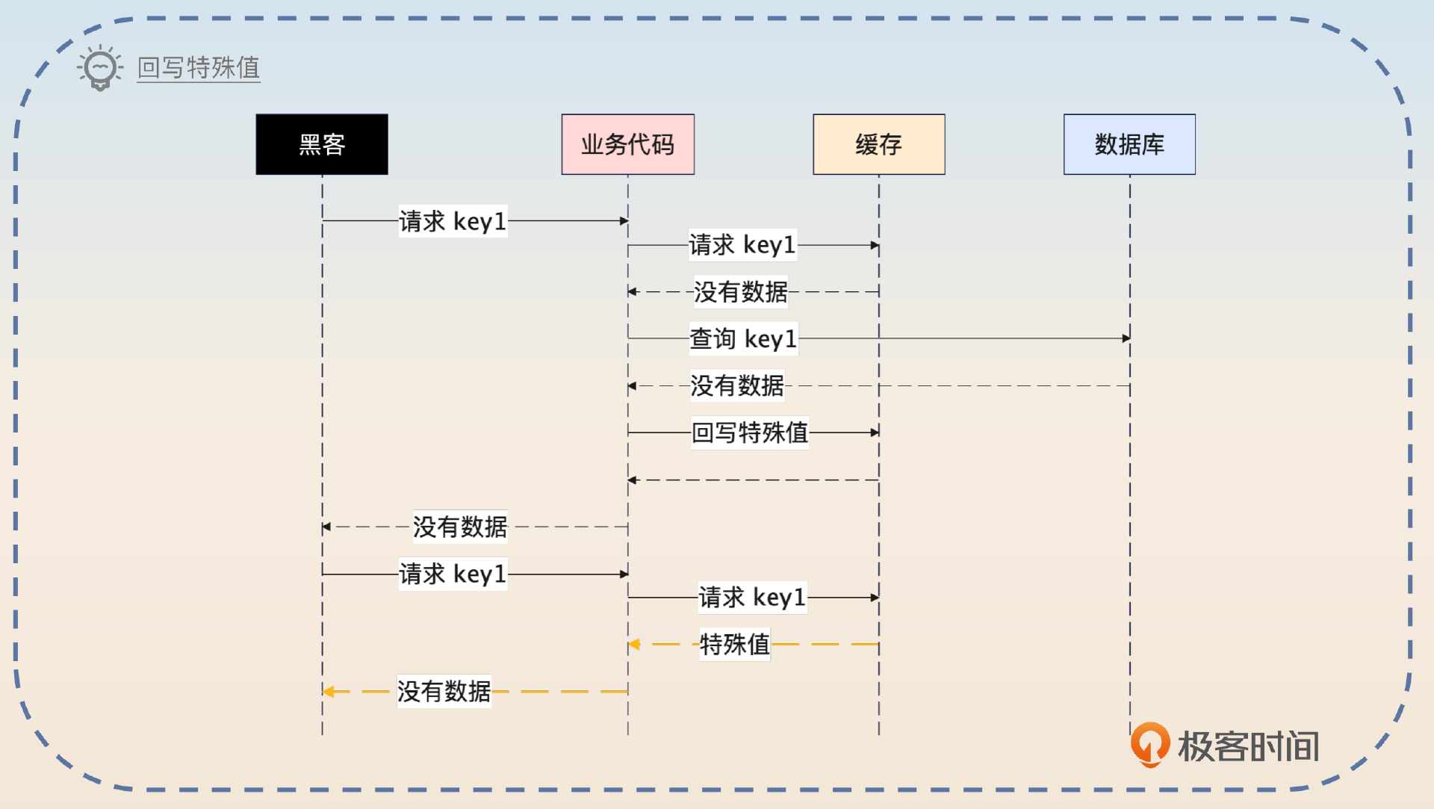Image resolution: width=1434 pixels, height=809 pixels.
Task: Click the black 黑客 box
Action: (x=322, y=144)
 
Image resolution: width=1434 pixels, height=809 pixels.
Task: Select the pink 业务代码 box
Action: (x=627, y=144)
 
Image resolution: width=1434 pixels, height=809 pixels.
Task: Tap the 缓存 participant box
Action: (x=878, y=144)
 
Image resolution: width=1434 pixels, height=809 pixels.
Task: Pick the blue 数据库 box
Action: (x=1129, y=144)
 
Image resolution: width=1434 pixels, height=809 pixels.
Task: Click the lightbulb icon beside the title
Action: (x=100, y=68)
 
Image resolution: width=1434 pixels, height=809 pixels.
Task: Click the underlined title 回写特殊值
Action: (x=199, y=68)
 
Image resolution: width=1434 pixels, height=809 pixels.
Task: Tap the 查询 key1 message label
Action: (x=743, y=338)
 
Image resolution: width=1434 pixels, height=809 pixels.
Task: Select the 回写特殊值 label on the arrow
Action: (x=750, y=433)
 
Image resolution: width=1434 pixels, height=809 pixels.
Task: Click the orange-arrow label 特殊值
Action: (x=734, y=644)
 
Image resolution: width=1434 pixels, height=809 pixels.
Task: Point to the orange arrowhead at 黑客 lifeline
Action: (x=328, y=692)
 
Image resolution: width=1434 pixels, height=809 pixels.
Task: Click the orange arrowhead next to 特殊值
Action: (x=634, y=644)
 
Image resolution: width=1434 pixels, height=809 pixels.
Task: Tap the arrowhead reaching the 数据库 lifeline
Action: (x=1126, y=338)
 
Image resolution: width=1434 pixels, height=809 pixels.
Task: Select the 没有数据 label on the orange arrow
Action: (x=444, y=692)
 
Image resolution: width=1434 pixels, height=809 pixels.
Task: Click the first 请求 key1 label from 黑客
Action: (x=453, y=221)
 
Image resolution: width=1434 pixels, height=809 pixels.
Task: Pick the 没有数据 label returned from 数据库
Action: (x=737, y=386)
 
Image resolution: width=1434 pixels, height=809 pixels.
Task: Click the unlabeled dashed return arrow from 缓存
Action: (x=753, y=480)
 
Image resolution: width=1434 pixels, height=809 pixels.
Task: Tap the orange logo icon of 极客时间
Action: (x=1149, y=744)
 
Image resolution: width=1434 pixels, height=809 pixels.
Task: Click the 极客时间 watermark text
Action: (x=1248, y=746)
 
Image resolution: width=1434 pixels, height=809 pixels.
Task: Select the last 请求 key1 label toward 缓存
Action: (x=752, y=598)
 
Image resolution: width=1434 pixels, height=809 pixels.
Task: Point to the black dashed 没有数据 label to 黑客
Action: (x=460, y=527)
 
